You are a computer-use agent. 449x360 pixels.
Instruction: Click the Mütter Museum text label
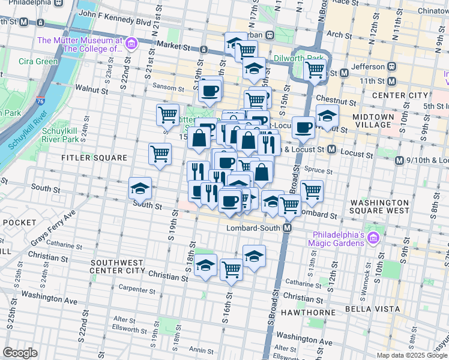(79, 44)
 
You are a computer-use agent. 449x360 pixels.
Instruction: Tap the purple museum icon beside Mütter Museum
(131, 44)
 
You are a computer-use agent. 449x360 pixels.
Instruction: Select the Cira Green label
(38, 61)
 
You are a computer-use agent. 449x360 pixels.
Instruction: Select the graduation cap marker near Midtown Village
(327, 115)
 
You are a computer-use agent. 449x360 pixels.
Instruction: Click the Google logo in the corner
(20, 353)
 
